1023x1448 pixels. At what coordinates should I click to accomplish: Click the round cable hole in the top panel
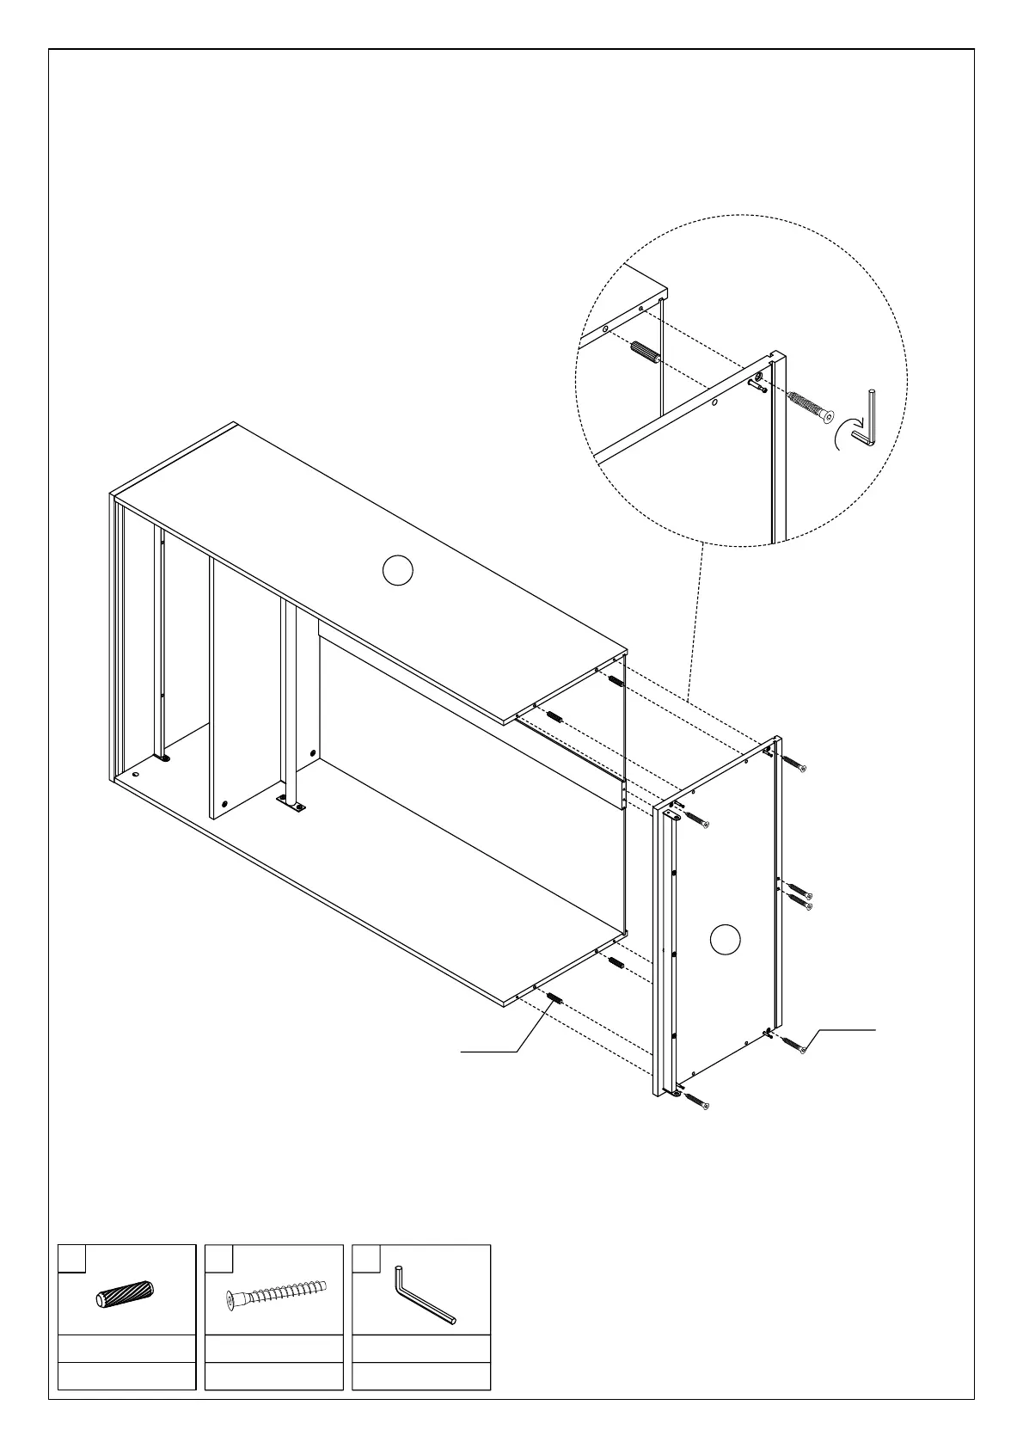[x=397, y=570]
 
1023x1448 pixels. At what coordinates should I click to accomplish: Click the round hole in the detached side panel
[x=726, y=939]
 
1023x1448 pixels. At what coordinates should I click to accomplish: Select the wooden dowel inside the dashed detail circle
[x=645, y=353]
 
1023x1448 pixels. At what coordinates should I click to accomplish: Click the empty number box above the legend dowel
[x=71, y=1258]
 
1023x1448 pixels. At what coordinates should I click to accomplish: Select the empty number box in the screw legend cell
[x=219, y=1258]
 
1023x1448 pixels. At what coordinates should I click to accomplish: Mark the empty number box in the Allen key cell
[x=367, y=1258]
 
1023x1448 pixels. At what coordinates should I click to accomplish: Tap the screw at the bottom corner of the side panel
[x=699, y=1102]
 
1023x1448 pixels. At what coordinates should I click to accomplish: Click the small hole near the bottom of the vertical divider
[x=225, y=804]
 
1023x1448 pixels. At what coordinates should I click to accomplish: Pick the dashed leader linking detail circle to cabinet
[x=695, y=619]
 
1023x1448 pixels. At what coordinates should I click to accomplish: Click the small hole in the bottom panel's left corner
[x=135, y=773]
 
